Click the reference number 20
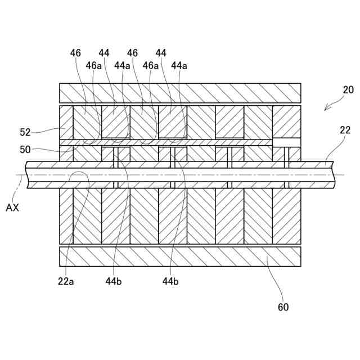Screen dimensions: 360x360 tap(348, 90)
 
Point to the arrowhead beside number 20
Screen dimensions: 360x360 tap(326, 110)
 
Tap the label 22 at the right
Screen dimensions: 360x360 tap(345, 130)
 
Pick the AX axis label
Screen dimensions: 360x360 tap(12, 208)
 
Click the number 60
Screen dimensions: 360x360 tap(282, 307)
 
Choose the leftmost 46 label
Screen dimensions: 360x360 tap(76, 53)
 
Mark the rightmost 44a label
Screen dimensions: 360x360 tap(179, 66)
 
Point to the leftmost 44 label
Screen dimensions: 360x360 tap(104, 53)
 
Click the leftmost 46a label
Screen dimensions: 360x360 tap(93, 66)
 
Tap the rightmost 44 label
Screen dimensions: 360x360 tap(161, 53)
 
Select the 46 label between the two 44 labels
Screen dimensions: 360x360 tap(133, 53)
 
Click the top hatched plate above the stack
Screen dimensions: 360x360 tap(180, 93)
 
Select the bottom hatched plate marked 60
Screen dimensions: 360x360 tap(180, 256)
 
